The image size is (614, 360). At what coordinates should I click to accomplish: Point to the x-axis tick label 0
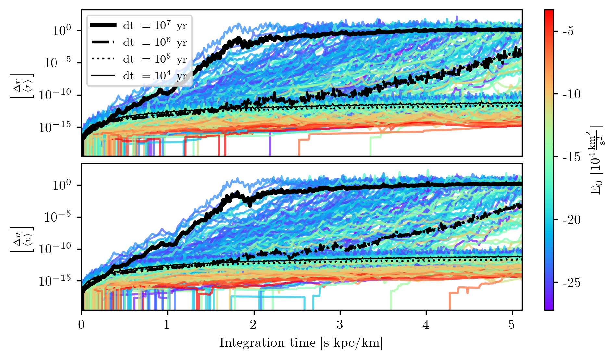(81, 325)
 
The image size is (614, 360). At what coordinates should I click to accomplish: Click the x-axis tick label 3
(340, 325)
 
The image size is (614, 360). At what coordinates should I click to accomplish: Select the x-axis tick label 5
(512, 325)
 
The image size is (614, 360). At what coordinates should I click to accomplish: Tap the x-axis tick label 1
(168, 325)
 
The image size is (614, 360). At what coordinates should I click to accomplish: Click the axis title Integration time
(301, 343)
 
